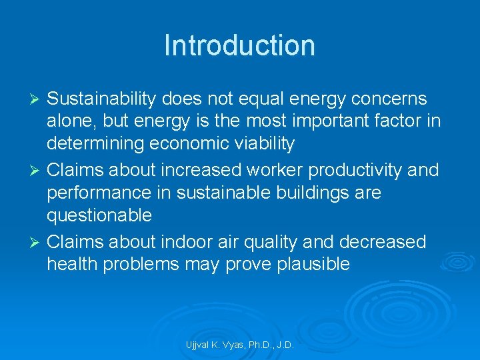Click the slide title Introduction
point(239,45)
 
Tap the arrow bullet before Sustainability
point(37,99)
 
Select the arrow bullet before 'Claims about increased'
point(37,171)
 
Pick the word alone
point(71,122)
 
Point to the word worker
point(265,171)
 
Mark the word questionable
point(99,216)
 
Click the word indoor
point(193,242)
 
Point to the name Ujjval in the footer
point(199,345)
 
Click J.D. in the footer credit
point(283,345)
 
